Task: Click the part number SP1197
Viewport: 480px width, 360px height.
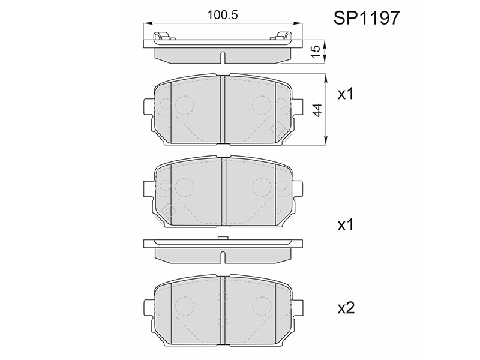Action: (x=367, y=18)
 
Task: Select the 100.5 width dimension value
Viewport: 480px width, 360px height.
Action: (x=223, y=15)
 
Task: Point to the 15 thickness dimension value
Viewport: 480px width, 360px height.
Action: (x=316, y=51)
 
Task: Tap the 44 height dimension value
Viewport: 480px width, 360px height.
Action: (x=318, y=110)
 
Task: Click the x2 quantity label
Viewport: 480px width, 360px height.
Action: (x=346, y=308)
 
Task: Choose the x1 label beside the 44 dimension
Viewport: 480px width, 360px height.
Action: (x=346, y=94)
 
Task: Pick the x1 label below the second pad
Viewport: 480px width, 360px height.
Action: (x=346, y=225)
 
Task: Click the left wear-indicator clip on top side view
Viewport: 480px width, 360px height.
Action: (x=162, y=36)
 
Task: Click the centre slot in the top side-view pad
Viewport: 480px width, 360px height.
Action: (x=223, y=57)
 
